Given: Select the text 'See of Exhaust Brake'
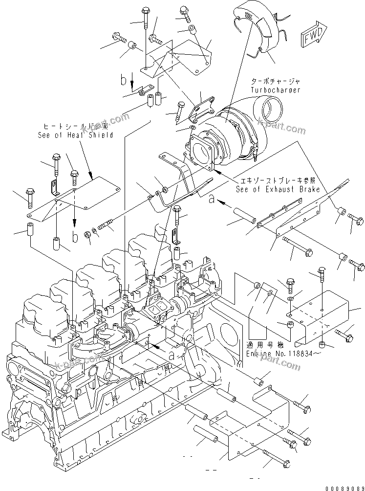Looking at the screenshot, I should click(278, 189).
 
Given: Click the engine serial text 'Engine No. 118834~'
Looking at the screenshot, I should click(277, 353).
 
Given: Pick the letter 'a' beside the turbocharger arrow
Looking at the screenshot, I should click(211, 199).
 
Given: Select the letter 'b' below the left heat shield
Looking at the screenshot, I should click(74, 238).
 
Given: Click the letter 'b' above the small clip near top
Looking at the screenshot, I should click(125, 80).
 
